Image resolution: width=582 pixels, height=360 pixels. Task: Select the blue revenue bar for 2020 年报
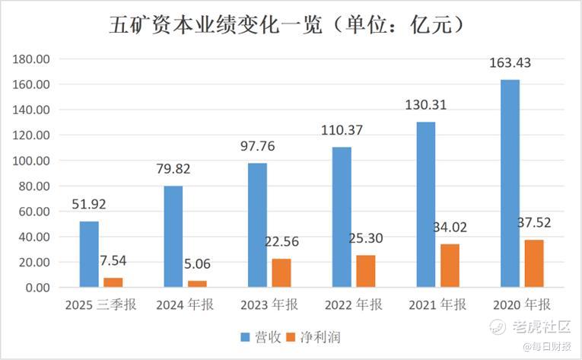tap(510, 183)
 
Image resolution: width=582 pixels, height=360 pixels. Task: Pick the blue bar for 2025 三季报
tap(89, 254)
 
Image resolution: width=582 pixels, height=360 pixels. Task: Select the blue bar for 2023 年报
tap(257, 225)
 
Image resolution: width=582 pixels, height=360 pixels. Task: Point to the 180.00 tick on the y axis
tap(33, 59)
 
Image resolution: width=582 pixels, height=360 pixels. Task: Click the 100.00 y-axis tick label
tap(33, 161)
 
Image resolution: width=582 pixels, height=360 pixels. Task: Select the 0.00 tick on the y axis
tap(38, 288)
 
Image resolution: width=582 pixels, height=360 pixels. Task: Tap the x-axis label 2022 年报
tap(355, 305)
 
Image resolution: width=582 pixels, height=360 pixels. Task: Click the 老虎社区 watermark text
tap(541, 327)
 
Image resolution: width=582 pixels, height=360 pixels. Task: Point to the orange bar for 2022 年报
tap(365, 271)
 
